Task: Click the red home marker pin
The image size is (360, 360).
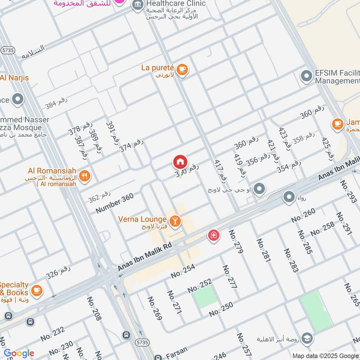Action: (180, 162)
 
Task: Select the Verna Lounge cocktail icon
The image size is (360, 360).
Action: (176, 221)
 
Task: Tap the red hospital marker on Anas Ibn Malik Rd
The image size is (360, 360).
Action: (214, 234)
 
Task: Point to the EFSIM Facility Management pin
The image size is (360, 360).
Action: (306, 76)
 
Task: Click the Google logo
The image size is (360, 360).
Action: (18, 353)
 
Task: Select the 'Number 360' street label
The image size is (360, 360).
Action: (115, 203)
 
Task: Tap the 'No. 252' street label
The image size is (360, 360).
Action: (199, 285)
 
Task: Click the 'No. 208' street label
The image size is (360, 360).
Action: (94, 309)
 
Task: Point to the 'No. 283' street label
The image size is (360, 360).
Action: (292, 260)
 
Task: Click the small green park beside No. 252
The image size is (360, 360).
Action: (206, 297)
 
